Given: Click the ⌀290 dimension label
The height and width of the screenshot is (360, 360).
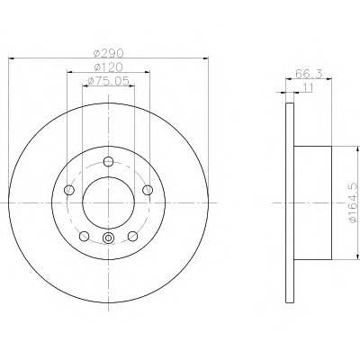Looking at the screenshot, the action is tap(108, 53).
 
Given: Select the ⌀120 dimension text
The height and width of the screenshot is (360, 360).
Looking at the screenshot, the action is tap(108, 67).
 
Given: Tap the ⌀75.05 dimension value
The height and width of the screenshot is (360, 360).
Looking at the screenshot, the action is tap(108, 81).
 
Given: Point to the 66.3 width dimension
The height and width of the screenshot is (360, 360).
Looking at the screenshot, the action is tap(309, 74).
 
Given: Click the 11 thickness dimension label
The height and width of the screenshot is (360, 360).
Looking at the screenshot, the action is tap(308, 87).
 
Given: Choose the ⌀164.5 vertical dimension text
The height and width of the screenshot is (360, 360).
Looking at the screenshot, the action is tap(354, 202).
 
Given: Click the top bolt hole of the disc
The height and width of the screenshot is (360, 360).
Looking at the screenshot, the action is tap(108, 162).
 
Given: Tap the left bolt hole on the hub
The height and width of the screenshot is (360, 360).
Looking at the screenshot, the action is tap(69, 190).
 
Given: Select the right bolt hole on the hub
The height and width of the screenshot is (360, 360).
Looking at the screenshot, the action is tap(148, 190).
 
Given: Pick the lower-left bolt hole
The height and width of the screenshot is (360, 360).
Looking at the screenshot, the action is tap(84, 236).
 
